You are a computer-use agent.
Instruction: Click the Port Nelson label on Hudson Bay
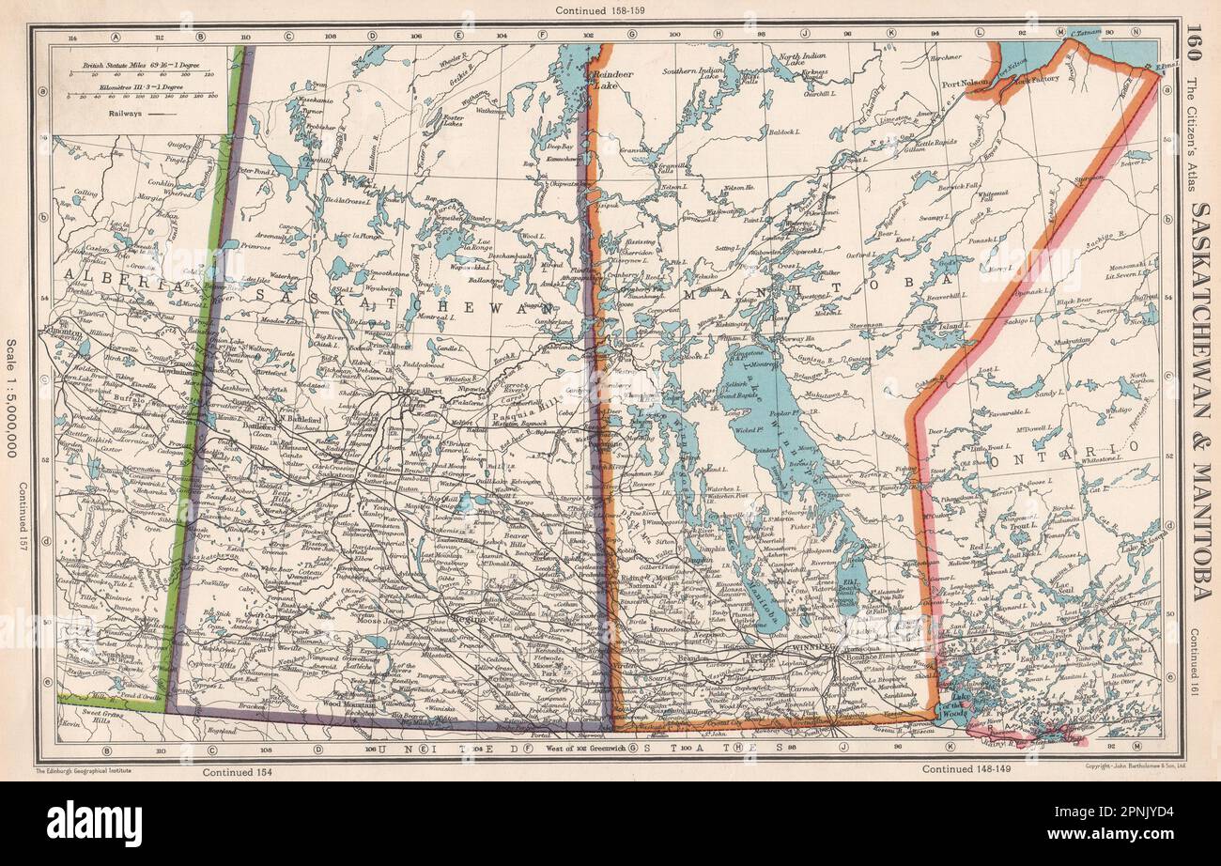965,83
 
